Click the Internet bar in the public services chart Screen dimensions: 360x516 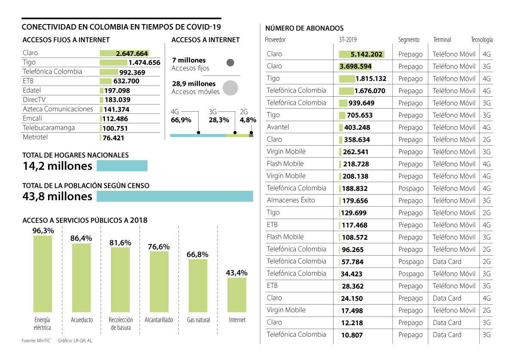(x=237, y=295)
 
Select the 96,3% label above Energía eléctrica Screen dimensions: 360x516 (x=43, y=231)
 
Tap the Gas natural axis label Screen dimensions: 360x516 (x=198, y=320)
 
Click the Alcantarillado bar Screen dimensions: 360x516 (x=159, y=281)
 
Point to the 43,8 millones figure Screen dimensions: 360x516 (x=57, y=196)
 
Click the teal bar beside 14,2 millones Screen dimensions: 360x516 (x=122, y=166)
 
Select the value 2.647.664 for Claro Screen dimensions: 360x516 (x=132, y=54)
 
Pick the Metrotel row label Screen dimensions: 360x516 (x=35, y=137)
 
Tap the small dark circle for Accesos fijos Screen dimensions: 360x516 (x=230, y=63)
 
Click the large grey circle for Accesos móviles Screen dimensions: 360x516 (x=230, y=88)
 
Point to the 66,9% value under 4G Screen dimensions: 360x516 (x=181, y=120)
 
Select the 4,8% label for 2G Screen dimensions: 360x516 (x=248, y=120)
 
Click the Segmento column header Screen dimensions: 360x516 (x=408, y=40)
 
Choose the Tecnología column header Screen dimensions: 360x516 (x=482, y=40)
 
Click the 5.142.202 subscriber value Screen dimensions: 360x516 (x=367, y=55)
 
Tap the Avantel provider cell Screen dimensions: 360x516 (x=278, y=127)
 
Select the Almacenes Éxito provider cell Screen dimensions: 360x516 (x=291, y=200)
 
